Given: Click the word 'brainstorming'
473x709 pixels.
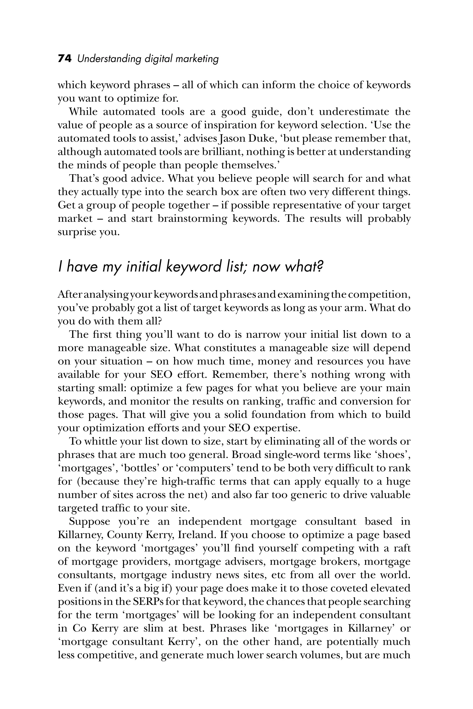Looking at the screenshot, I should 192,219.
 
